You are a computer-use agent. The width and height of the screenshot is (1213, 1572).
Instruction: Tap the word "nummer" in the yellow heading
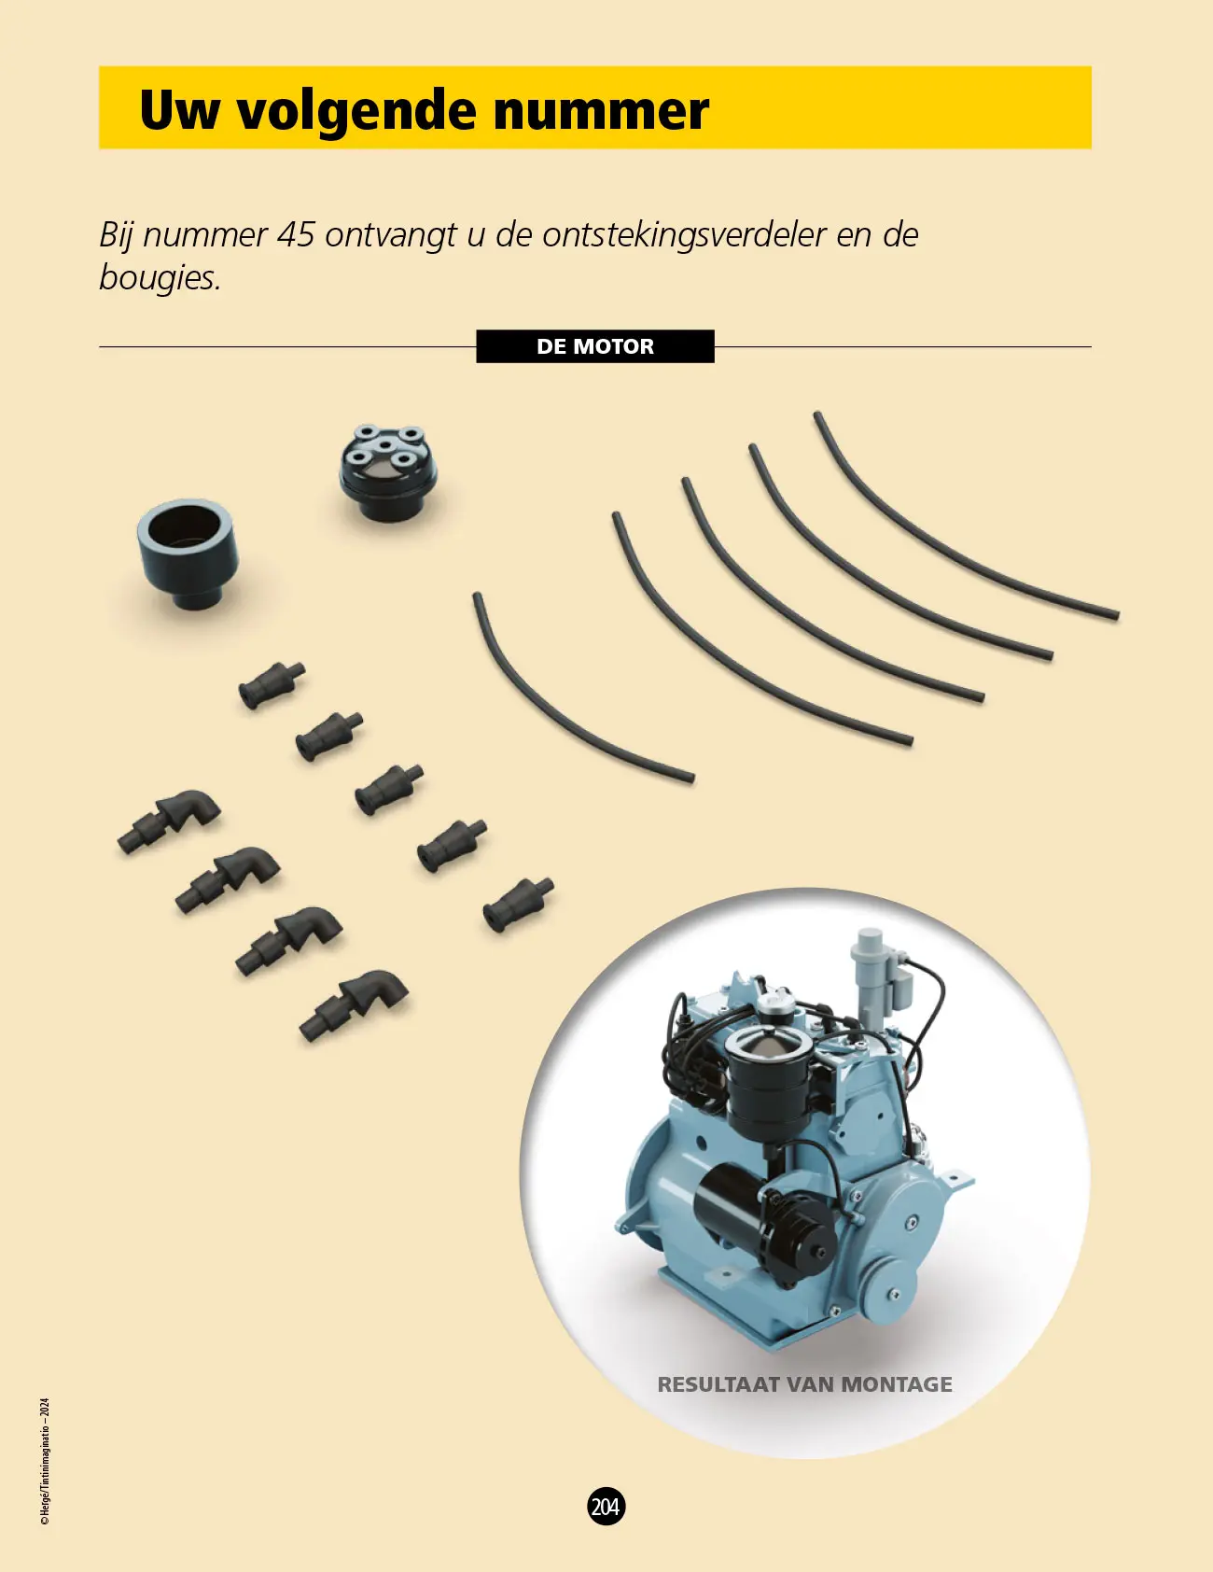[601, 111]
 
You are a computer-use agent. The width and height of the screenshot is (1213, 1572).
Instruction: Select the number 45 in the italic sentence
[296, 234]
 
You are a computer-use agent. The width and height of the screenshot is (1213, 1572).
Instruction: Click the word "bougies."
[160, 277]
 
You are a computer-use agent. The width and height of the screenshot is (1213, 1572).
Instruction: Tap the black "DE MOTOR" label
[595, 346]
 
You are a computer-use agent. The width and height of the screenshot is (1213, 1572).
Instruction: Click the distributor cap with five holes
[385, 472]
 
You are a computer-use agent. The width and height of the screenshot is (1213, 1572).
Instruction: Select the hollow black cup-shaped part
[188, 554]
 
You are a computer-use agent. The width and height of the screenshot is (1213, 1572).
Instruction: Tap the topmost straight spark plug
[272, 685]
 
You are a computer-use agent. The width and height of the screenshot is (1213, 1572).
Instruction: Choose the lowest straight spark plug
[518, 904]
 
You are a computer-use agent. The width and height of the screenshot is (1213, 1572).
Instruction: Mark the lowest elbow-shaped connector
[355, 1005]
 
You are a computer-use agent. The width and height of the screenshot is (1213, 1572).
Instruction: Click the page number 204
[606, 1506]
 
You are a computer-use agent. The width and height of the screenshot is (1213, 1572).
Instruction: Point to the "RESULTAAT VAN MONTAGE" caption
[805, 1384]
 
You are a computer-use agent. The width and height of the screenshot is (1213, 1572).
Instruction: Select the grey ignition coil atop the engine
[871, 975]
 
